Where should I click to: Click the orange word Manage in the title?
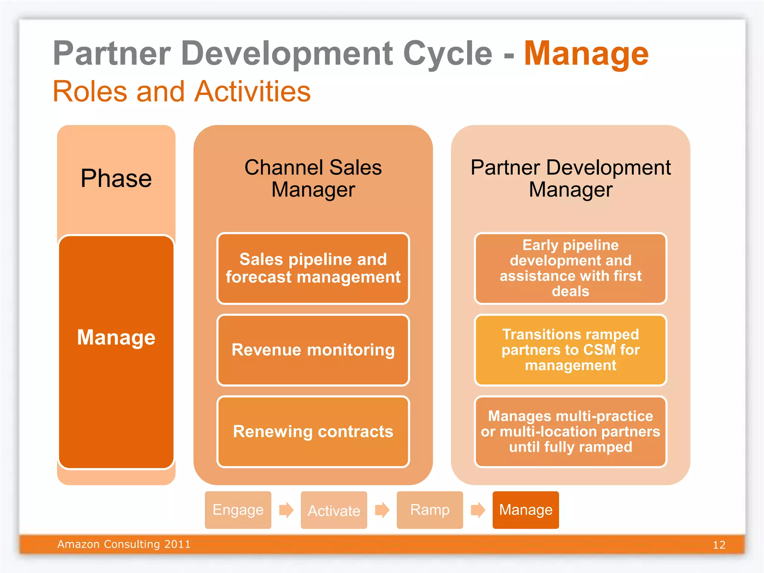click(586, 54)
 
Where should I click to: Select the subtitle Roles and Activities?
click(182, 91)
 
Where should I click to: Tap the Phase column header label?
click(116, 178)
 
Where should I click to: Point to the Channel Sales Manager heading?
click(313, 178)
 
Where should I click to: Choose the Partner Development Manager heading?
click(570, 178)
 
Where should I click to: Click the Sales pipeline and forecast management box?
click(313, 268)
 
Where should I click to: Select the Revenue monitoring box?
click(313, 350)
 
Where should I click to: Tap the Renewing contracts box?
click(313, 432)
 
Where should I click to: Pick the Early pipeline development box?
click(570, 268)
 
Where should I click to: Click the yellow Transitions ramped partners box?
click(570, 350)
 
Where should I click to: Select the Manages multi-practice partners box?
click(570, 432)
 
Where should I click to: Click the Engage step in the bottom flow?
click(238, 510)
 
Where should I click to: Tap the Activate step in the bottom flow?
click(334, 510)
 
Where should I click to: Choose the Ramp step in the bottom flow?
click(430, 510)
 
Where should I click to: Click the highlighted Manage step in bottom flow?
click(526, 510)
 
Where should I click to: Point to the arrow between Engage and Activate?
click(286, 510)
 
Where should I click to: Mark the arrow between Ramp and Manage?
click(478, 510)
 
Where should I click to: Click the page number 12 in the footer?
click(719, 545)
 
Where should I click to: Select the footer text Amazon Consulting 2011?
click(124, 544)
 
